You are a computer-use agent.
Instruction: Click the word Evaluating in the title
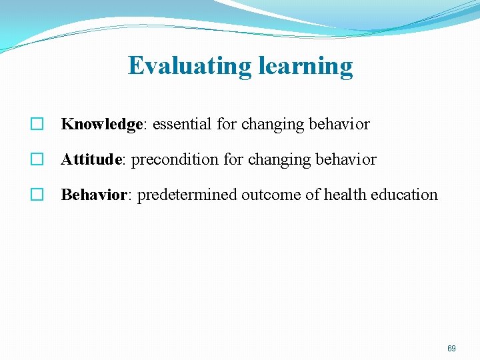(188, 66)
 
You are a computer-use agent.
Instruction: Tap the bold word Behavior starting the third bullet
(94, 195)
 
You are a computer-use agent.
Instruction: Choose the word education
(404, 195)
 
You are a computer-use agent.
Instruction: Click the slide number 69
(451, 349)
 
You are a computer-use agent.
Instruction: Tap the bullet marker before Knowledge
(37, 125)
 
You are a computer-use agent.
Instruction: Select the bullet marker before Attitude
(37, 160)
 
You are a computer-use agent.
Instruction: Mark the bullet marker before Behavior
(37, 195)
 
